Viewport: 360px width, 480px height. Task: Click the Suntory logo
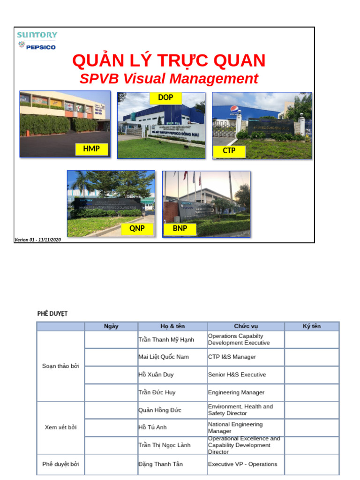tap(37, 35)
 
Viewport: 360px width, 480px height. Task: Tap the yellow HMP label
tap(91, 149)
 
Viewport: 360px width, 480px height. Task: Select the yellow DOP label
tap(165, 97)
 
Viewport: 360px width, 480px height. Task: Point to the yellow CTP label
tap(229, 151)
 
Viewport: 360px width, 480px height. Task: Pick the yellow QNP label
tap(137, 229)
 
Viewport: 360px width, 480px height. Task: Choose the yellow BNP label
tap(180, 229)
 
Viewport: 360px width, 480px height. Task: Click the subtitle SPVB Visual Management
tap(169, 79)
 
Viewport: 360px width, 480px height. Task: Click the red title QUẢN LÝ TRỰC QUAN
tap(169, 60)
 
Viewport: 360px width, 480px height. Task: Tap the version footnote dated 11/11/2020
tap(37, 240)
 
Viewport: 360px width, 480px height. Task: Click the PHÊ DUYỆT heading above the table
tap(52, 314)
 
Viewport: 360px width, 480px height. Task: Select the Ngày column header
tap(111, 326)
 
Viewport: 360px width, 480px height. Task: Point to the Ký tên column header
tap(312, 326)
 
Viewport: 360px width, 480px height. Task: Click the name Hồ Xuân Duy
tap(156, 375)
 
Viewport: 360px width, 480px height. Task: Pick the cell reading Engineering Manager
tap(236, 392)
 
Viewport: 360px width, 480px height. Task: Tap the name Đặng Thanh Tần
tap(160, 464)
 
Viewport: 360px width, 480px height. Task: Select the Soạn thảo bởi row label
tap(61, 366)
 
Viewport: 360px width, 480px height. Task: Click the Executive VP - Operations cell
tap(242, 464)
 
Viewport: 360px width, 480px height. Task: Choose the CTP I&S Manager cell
tap(232, 357)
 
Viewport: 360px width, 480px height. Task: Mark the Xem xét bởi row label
tap(61, 427)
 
